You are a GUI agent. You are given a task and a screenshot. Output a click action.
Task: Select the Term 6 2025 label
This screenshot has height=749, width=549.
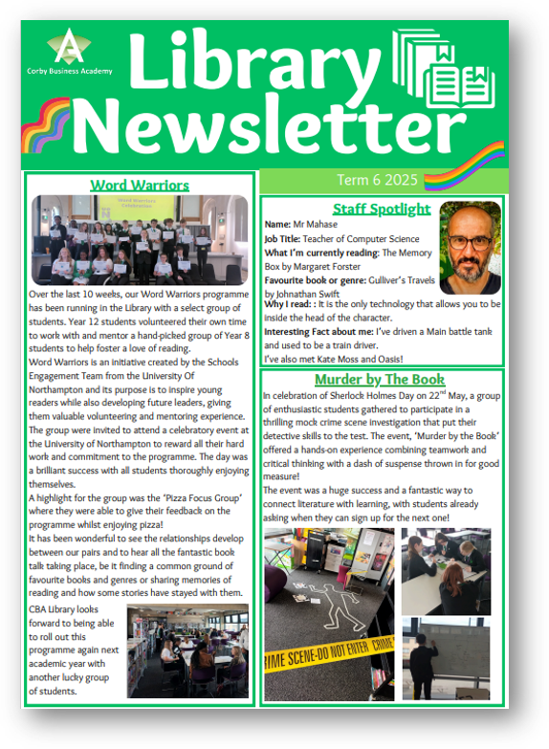coord(378,180)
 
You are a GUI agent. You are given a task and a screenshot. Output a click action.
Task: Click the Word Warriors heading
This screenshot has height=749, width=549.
coord(140,185)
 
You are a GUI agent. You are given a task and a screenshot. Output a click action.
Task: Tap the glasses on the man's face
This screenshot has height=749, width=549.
coord(470,241)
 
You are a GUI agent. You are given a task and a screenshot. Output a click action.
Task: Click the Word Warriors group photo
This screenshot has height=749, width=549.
coord(140,239)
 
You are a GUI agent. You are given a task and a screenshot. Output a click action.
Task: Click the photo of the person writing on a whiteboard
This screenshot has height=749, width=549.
coord(446,659)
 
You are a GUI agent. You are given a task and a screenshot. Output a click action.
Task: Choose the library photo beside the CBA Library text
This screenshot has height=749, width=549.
coord(187,650)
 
